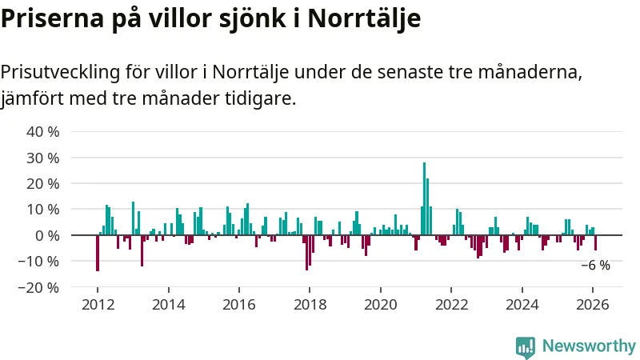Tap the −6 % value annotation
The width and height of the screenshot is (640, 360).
pyautogui.click(x=595, y=266)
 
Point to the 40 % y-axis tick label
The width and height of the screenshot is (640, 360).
pyautogui.click(x=42, y=132)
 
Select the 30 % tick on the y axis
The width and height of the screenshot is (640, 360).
pyautogui.click(x=42, y=158)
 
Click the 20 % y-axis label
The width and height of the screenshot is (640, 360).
pyautogui.click(x=42, y=183)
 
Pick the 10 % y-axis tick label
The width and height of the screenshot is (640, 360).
pyautogui.click(x=42, y=210)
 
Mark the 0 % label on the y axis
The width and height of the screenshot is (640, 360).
pyautogui.click(x=46, y=235)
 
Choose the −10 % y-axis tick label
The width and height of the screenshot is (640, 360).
pyautogui.click(x=39, y=261)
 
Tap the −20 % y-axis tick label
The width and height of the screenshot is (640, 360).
pyautogui.click(x=39, y=287)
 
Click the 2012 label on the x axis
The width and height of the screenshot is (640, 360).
pyautogui.click(x=98, y=305)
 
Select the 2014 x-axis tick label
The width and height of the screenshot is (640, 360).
pyautogui.click(x=168, y=305)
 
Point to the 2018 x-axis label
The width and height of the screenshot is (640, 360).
pyautogui.click(x=310, y=305)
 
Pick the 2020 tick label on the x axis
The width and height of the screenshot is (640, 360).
pyautogui.click(x=380, y=305)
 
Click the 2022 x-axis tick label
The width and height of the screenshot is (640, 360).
pyautogui.click(x=451, y=305)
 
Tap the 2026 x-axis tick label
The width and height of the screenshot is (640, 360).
pyautogui.click(x=592, y=305)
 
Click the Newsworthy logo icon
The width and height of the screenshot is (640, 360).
pyautogui.click(x=525, y=346)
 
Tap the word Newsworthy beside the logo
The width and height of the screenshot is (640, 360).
pyautogui.click(x=589, y=346)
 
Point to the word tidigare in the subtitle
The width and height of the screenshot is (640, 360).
pyautogui.click(x=261, y=100)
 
